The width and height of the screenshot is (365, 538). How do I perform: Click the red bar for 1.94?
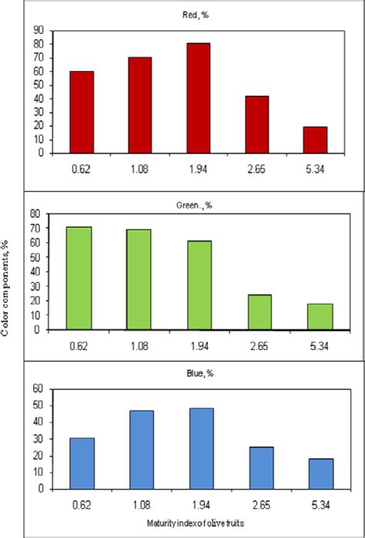click(x=199, y=98)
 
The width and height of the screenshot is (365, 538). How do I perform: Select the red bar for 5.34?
click(x=315, y=140)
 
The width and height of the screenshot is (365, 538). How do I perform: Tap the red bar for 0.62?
click(x=82, y=112)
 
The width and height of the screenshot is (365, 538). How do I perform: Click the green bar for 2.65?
click(x=260, y=311)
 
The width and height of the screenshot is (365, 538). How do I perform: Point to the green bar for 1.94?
click(x=199, y=284)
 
